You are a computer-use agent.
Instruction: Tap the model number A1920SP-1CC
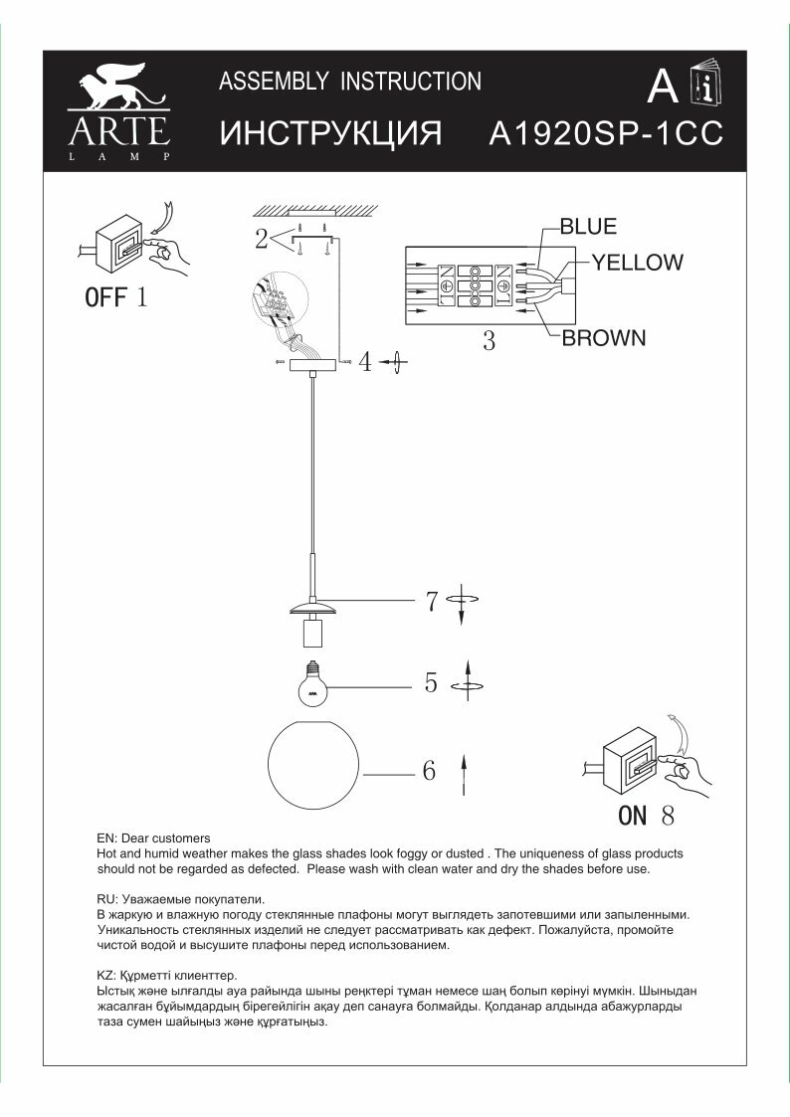coord(606,135)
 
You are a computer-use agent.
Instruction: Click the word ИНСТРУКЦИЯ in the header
coord(329,135)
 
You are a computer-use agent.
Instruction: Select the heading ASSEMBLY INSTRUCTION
coord(349,82)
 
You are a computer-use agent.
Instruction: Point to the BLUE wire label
coord(588,227)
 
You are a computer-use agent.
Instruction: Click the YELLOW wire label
coord(638,263)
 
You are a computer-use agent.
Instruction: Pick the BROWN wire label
coord(604,338)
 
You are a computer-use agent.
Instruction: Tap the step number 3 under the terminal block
coord(489,341)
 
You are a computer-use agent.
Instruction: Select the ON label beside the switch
coord(633,817)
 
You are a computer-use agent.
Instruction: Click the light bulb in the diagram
coord(314,683)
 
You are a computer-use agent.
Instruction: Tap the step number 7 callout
coord(432,601)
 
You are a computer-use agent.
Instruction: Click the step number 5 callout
coord(431,683)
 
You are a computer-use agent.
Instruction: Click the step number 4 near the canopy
coord(366,363)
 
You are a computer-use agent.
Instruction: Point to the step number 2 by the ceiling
coord(261,239)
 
